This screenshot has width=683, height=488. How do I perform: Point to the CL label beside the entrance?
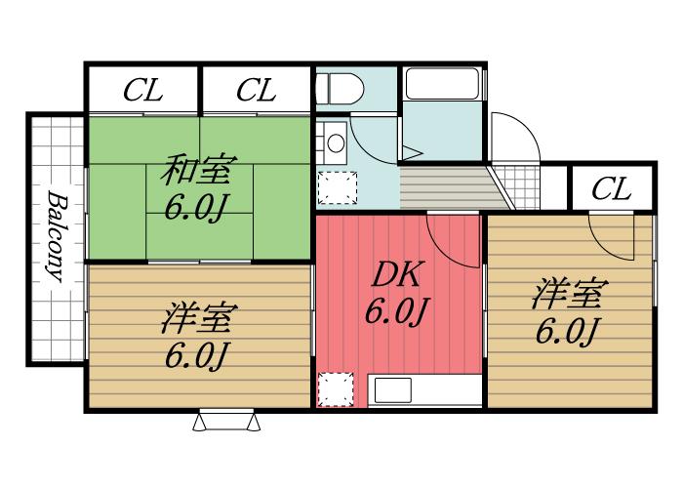click(612, 188)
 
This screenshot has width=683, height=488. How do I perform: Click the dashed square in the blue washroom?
click(336, 186)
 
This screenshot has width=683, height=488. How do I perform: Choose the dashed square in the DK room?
click(336, 389)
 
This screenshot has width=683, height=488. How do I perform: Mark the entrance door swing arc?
click(514, 137)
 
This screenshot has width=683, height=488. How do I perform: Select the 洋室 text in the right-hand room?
click(570, 293)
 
